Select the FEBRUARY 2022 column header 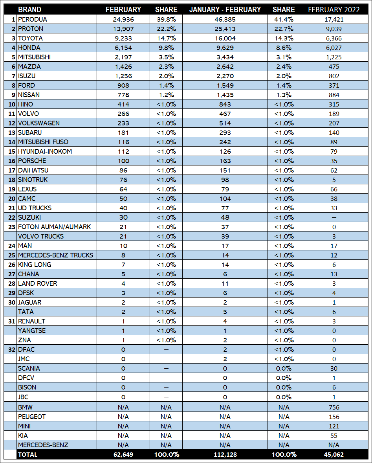coord(334,10)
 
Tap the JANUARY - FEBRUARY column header coord(225,10)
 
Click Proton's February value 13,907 coord(123,29)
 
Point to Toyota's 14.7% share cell coord(166,38)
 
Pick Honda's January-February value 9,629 coord(225,48)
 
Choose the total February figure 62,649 coord(123,455)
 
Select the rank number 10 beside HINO coord(11,104)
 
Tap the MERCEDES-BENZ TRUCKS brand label coord(55,255)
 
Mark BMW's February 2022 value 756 coord(334,408)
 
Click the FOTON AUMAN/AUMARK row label coord(54,227)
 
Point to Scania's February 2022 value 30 coord(334,368)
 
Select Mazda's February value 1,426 coord(123,66)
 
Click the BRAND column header coord(29,10)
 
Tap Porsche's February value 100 coord(123,161)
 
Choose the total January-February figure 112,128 coord(225,455)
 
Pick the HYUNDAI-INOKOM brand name coord(45,151)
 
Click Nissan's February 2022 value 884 coord(334,95)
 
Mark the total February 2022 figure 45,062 coord(334,455)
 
